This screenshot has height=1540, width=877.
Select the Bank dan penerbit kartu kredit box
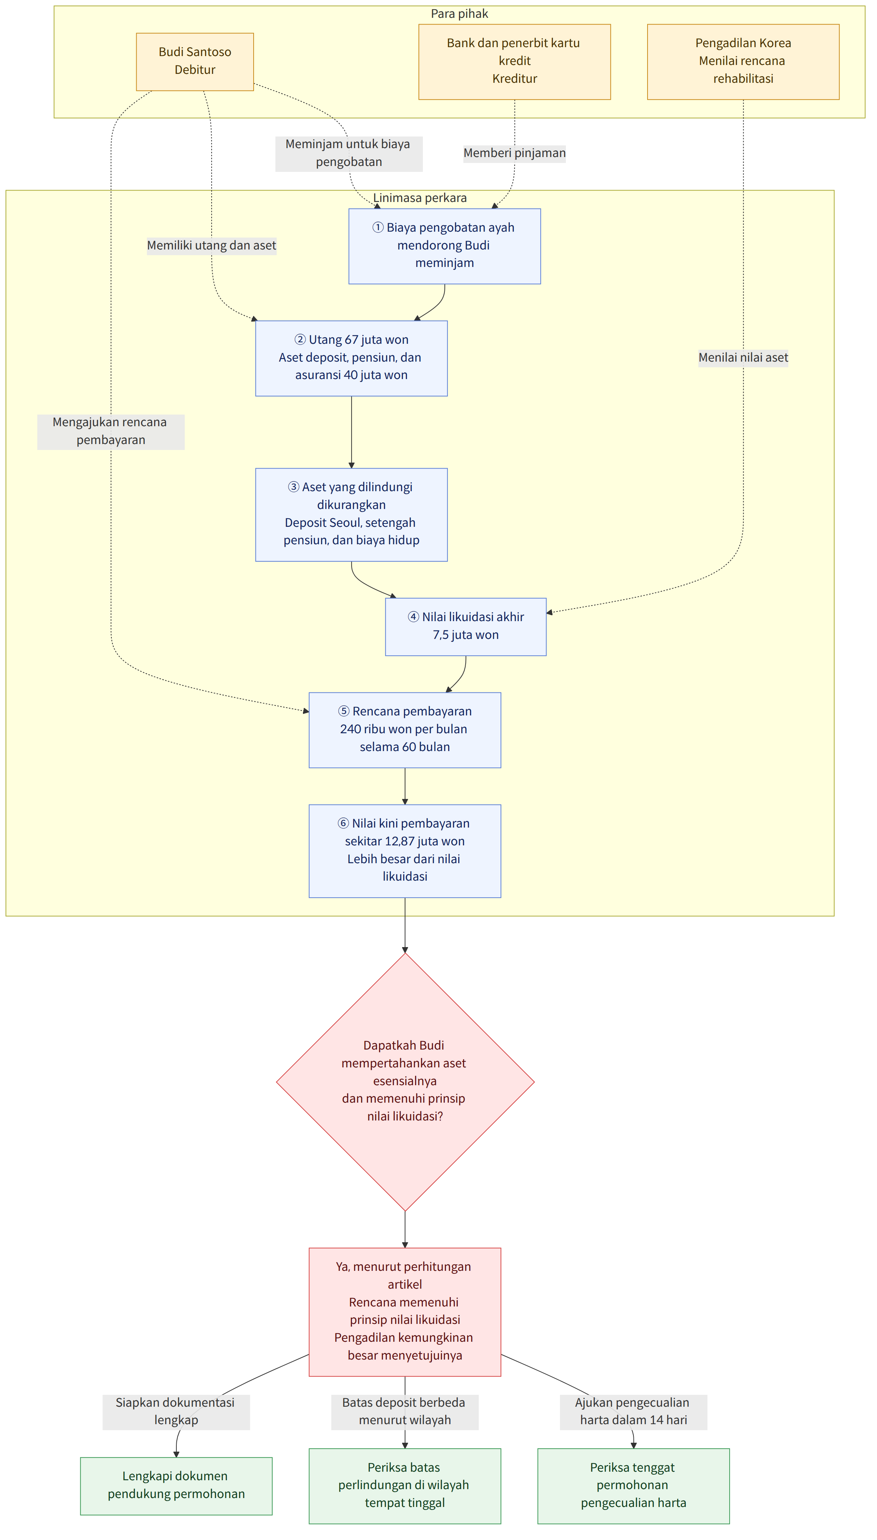[514, 61]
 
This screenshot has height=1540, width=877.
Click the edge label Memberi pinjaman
[514, 153]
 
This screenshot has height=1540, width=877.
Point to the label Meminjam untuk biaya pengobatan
[349, 153]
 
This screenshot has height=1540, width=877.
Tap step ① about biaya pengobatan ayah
[444, 246]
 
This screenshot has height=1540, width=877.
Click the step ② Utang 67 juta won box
[351, 358]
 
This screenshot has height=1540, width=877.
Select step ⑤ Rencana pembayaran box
[405, 730]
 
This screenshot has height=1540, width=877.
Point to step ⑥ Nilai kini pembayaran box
[405, 851]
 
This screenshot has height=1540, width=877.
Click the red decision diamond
[405, 1081]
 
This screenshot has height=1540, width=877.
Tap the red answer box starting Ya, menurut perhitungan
[405, 1312]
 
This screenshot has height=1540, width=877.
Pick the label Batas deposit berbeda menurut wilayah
[405, 1411]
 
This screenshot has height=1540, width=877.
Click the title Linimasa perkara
[420, 198]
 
